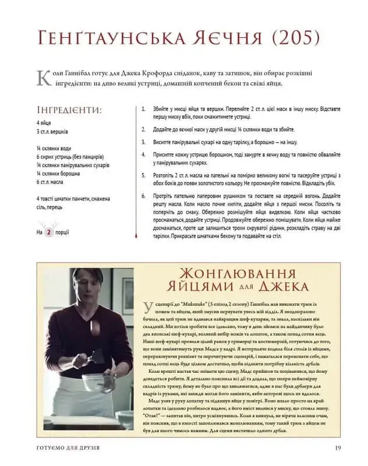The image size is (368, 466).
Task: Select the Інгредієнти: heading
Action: [69, 110]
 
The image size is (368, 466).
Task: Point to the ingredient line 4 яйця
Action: [44, 123]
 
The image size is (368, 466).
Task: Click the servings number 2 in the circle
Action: [50, 232]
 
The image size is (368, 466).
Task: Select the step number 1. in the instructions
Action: [144, 109]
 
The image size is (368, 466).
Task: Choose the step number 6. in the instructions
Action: [144, 196]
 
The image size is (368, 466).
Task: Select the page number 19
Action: [338, 447]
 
